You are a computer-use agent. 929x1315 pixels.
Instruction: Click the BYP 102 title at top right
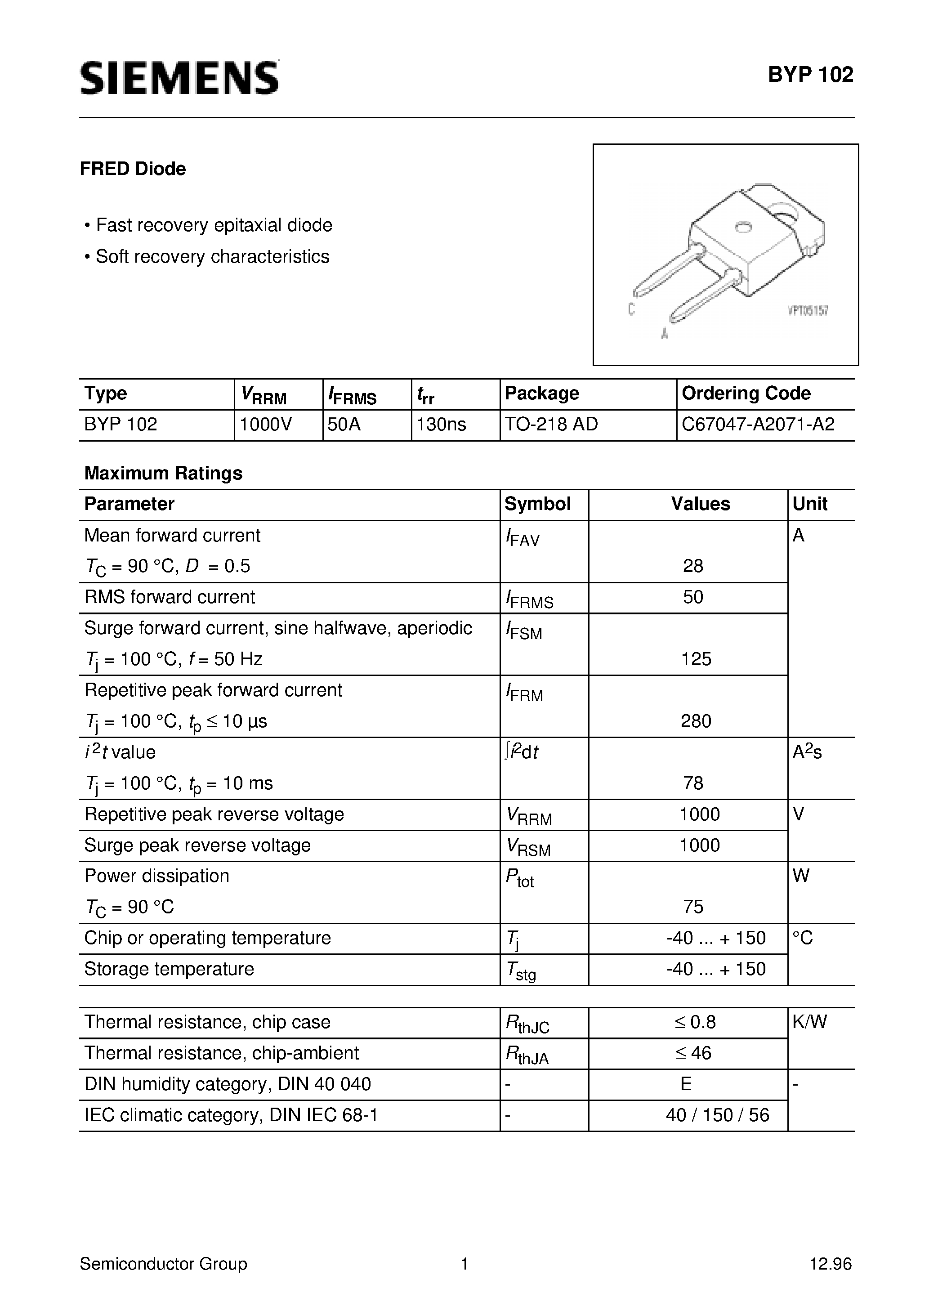[x=810, y=75]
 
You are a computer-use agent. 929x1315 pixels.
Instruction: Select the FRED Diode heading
[x=133, y=169]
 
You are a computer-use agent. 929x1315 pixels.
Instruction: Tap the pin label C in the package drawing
[x=631, y=309]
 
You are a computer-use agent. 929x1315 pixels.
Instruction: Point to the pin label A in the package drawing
[x=665, y=333]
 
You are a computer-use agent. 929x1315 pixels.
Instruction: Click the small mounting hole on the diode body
[x=743, y=228]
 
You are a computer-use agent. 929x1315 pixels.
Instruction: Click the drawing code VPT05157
[x=808, y=311]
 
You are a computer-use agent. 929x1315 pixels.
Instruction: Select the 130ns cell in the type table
[x=441, y=425]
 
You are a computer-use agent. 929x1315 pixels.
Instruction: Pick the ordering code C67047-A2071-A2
[x=758, y=425]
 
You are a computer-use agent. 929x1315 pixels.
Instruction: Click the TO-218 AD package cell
[x=551, y=425]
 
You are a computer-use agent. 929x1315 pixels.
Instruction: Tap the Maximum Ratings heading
[x=163, y=473]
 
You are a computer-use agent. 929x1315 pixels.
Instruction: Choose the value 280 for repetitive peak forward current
[x=696, y=721]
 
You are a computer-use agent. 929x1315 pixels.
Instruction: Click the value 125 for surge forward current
[x=696, y=659]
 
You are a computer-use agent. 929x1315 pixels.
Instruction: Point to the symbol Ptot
[x=519, y=878]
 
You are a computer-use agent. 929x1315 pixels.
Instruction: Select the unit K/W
[x=809, y=1022]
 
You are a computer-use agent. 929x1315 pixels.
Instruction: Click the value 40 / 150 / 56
[x=717, y=1115]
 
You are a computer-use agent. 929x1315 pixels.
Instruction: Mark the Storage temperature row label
[x=169, y=969]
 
